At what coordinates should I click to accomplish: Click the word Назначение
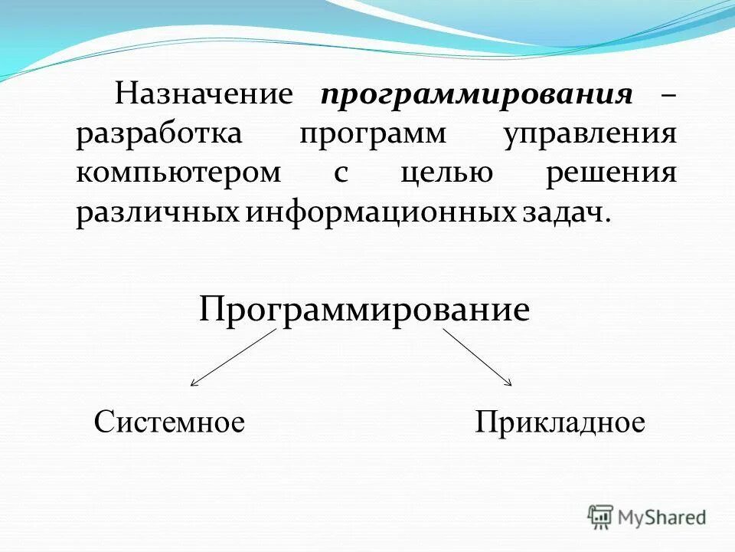click(x=204, y=95)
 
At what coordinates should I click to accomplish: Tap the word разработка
click(x=158, y=134)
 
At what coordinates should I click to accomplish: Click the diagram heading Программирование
click(x=364, y=311)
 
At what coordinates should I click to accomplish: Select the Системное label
click(x=169, y=422)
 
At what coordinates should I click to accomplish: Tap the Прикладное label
click(x=560, y=422)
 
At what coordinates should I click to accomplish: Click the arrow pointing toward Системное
click(x=233, y=357)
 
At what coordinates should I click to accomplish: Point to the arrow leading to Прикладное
click(x=477, y=357)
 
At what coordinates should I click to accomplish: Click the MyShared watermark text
click(x=663, y=517)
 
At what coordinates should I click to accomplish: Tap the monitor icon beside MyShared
click(x=601, y=517)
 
